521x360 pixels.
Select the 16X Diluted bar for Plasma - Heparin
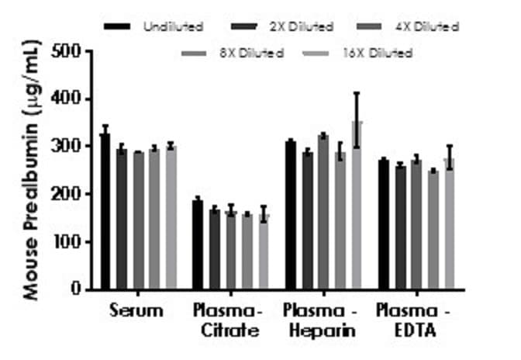coord(357,205)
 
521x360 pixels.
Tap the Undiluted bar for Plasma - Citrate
coord(198,244)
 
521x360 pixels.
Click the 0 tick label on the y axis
coord(77,289)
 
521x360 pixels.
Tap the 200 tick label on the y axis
coord(67,194)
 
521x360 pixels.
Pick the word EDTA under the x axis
coord(415,331)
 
